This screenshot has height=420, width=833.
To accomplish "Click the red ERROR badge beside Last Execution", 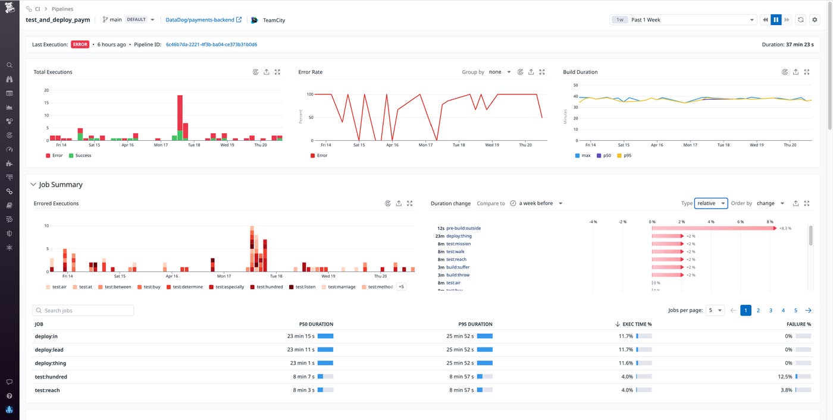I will coord(80,45).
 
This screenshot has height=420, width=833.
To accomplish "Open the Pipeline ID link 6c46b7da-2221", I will coord(211,45).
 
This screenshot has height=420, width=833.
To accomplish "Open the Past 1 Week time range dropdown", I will coord(683,20).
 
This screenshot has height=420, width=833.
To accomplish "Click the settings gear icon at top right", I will coord(815,20).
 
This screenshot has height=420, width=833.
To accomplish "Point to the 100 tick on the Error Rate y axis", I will coord(309,94).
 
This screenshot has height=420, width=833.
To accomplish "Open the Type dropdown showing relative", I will coord(710,203).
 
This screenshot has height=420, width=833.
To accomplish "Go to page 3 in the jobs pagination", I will coord(771,310).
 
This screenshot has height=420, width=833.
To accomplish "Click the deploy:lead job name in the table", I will coord(49,350).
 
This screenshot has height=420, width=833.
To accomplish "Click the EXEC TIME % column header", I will coord(637,324).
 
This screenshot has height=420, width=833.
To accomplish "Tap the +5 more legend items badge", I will coord(401,287).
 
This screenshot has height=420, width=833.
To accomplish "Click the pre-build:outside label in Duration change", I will coord(463,228).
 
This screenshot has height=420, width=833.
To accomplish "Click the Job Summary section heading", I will coord(60,185).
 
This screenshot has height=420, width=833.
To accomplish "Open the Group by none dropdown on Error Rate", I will coord(499,72).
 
